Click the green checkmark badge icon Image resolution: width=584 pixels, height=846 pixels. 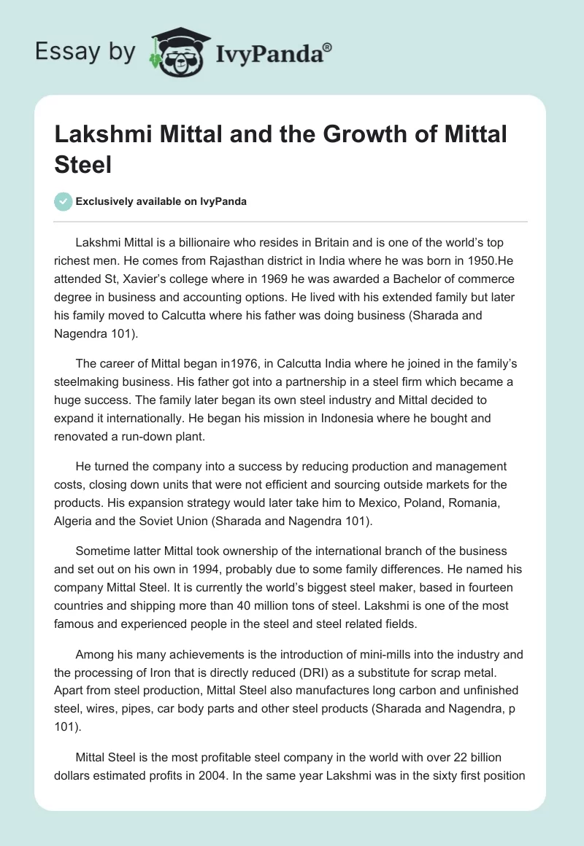64,201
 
